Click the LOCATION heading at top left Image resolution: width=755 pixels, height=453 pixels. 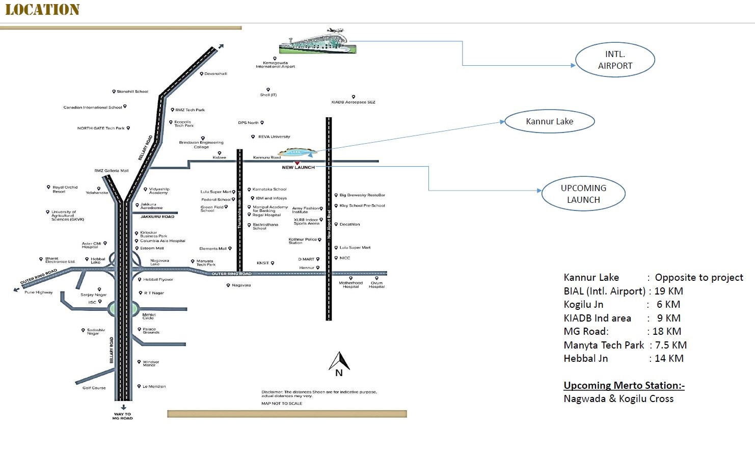tap(42, 10)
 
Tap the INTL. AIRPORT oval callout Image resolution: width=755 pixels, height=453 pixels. tap(615, 60)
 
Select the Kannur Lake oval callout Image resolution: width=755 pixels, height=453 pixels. tap(549, 121)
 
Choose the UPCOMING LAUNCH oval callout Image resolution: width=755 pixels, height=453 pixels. tap(583, 194)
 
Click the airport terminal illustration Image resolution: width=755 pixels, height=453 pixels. tap(318, 42)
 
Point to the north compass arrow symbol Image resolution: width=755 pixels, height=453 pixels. tap(339, 362)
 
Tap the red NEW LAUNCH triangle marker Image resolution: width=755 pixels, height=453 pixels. tap(298, 163)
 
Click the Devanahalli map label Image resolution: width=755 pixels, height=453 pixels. tap(215, 74)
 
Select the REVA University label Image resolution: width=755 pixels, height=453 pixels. tap(274, 137)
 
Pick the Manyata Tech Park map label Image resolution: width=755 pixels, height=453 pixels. tap(206, 263)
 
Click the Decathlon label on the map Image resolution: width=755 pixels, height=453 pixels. tap(349, 224)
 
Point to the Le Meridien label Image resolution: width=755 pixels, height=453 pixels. tap(154, 386)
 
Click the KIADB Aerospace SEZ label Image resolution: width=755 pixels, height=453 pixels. tap(353, 102)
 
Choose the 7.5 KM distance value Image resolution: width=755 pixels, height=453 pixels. tap(670, 345)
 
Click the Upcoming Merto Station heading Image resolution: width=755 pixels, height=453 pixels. tap(624, 385)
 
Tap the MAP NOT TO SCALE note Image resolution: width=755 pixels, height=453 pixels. tap(282, 404)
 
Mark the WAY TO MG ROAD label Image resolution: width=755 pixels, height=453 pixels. tap(122, 416)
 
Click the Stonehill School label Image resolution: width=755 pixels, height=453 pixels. tap(132, 92)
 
